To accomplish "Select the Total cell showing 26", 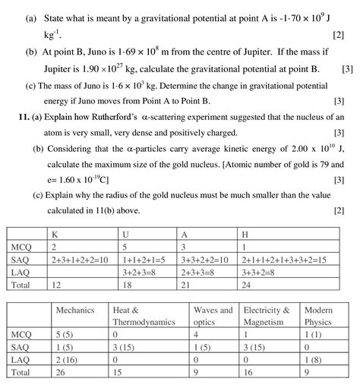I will pos(62,374).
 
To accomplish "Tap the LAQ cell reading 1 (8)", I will pos(315,361).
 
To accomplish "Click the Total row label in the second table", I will pos(20,374).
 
